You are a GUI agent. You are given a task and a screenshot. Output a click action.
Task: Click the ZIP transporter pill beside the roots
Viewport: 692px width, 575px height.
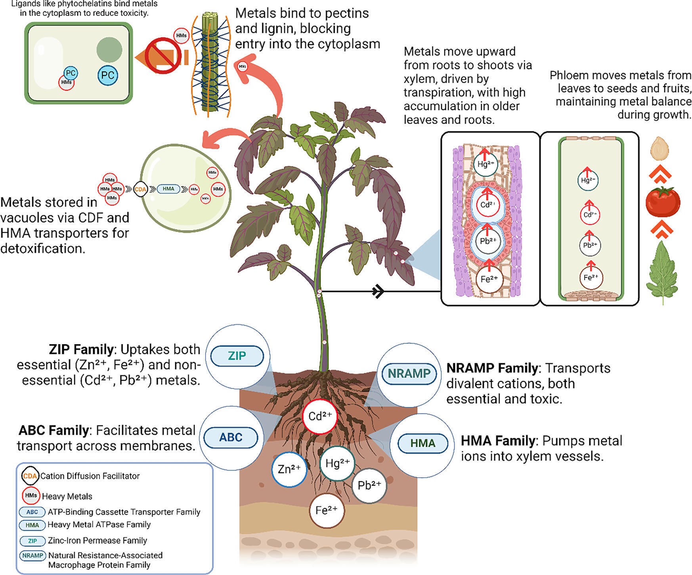[237, 356]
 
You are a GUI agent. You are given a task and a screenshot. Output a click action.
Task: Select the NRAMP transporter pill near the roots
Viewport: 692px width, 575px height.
[409, 373]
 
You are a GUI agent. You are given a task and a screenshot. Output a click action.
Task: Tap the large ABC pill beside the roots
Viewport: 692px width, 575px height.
[231, 438]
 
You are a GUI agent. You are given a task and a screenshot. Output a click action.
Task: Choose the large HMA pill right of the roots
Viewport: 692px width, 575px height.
[422, 443]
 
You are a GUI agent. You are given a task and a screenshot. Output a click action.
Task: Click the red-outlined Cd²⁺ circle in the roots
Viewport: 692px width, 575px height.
[320, 417]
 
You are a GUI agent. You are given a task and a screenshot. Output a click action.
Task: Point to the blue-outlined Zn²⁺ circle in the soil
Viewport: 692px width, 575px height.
[289, 469]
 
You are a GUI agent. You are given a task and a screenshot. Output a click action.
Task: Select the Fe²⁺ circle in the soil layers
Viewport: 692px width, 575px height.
[327, 510]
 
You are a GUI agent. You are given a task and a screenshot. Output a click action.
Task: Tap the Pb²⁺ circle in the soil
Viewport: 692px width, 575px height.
[369, 486]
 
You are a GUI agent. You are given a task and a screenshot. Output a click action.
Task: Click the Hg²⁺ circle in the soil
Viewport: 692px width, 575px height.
[337, 463]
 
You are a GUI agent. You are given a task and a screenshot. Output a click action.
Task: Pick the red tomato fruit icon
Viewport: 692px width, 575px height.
[663, 202]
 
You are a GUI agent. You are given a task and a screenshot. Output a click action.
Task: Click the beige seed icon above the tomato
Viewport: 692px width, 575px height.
[660, 149]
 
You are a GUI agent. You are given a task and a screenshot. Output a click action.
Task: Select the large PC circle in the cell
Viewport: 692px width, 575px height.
[108, 75]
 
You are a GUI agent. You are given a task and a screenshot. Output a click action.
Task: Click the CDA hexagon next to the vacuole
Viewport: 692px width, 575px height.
[140, 189]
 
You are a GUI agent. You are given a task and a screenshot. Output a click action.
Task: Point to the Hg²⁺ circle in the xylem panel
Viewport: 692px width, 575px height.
[486, 164]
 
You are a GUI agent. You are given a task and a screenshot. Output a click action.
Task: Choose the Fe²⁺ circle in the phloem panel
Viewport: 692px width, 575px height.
[591, 278]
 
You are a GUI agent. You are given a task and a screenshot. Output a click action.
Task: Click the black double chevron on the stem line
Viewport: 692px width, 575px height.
[378, 292]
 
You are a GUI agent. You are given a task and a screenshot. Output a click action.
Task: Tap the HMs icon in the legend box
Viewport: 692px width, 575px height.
[31, 496]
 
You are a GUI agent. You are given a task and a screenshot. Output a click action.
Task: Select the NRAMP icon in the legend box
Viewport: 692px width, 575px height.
[32, 556]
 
